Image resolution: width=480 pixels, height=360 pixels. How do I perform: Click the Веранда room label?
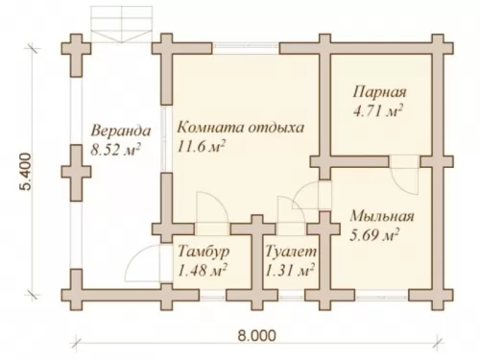click(121, 132)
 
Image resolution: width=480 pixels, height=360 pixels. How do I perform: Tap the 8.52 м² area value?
click(115, 150)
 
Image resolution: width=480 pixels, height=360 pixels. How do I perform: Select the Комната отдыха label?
click(241, 128)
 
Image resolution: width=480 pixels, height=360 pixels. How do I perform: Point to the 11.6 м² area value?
click(201, 146)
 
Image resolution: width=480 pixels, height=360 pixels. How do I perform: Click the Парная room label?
click(380, 92)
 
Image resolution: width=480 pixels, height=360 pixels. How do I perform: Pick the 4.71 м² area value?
click(378, 111)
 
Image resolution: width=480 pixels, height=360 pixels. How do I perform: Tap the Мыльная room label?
click(382, 217)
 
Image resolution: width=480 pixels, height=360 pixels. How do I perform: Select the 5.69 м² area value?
click(374, 236)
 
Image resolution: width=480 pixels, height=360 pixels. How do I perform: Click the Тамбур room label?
click(204, 252)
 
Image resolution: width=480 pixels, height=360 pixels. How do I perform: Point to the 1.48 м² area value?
click(203, 271)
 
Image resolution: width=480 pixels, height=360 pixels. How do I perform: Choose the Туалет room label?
click(291, 252)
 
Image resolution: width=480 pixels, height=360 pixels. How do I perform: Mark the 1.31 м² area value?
click(290, 271)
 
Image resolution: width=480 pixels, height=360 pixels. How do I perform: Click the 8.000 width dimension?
click(256, 336)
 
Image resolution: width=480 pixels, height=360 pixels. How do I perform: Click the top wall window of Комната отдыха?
click(246, 48)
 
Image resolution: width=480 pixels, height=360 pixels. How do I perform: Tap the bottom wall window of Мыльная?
click(382, 298)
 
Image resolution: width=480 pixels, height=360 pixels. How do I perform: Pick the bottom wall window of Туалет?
click(291, 298)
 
